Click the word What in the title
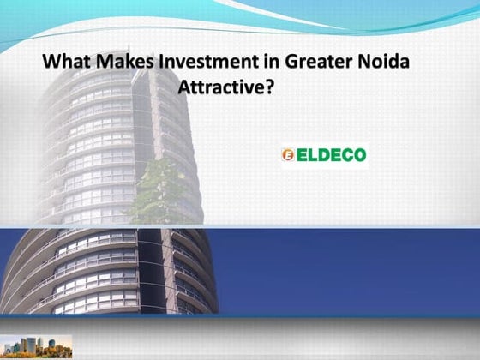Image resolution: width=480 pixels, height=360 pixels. coord(66,63)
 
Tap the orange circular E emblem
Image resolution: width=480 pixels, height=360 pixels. coord(288,155)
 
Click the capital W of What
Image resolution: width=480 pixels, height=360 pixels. coord(51,63)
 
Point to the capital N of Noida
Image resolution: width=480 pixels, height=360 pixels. coord(351,63)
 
